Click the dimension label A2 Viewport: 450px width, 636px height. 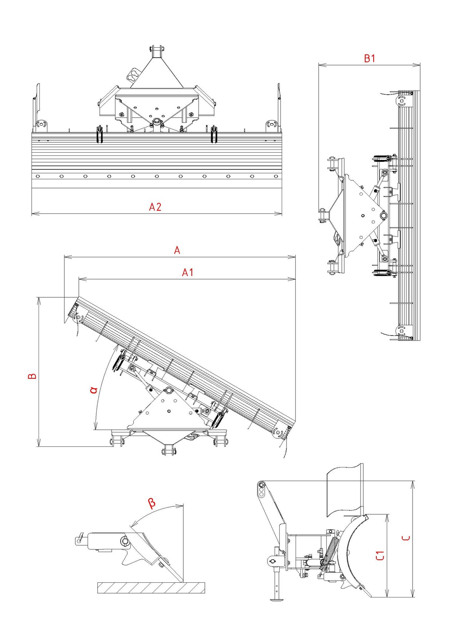coord(155,207)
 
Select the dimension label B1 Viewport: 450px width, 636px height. coord(370,58)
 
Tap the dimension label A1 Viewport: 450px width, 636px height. coord(187,272)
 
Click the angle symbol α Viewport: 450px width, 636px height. coord(94,389)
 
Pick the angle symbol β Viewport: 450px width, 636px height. coord(152,503)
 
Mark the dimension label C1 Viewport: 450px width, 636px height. coord(380,555)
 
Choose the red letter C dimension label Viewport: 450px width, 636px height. coord(406,538)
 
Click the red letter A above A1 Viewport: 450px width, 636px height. coord(177,250)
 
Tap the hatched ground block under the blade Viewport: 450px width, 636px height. coord(151,588)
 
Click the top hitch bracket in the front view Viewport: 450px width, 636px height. coord(156,51)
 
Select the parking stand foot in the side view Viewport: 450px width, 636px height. coord(275,599)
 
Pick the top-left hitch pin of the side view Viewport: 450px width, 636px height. coord(261,484)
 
